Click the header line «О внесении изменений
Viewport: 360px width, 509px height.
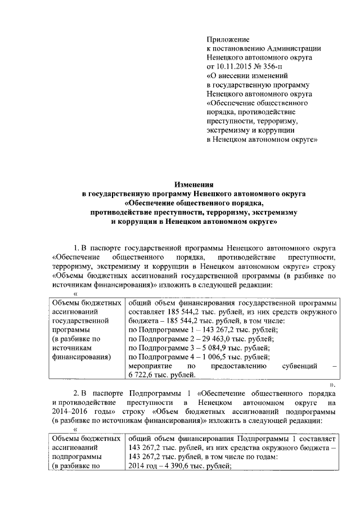coord(247,75)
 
